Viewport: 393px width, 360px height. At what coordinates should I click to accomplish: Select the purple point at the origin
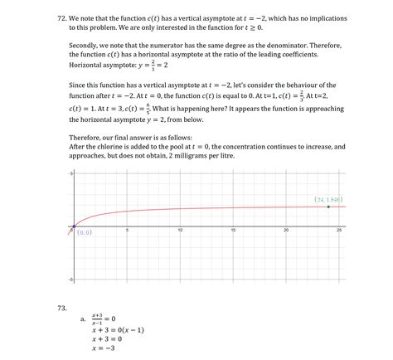point(73,226)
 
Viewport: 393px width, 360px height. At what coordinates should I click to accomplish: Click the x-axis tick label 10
point(180,231)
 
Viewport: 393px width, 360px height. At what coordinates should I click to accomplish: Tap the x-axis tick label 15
point(233,231)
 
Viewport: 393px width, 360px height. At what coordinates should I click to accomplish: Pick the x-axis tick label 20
point(286,231)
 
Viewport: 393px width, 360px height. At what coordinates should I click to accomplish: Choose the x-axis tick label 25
point(339,231)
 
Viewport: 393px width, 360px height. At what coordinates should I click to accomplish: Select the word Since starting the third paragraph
point(78,85)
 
